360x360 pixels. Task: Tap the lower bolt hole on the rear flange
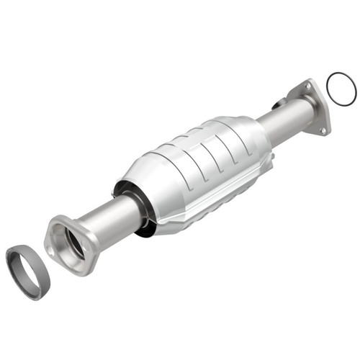click(x=323, y=130)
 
